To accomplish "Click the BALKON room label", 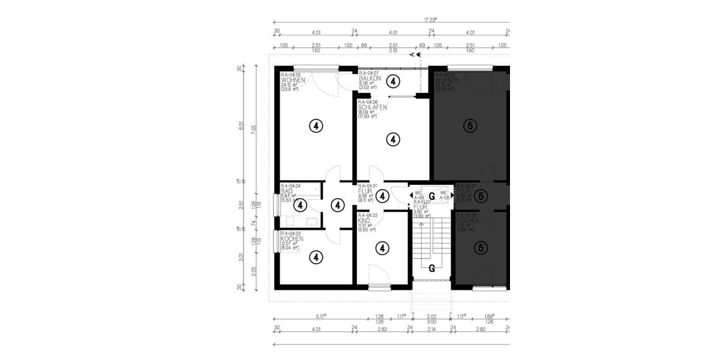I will (x=370, y=79).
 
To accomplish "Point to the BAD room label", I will (x=287, y=191).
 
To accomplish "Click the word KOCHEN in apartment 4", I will (x=293, y=239).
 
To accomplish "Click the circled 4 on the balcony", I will (x=392, y=81).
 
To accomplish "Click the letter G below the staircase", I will (x=431, y=268).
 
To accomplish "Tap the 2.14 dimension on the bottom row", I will (x=432, y=329).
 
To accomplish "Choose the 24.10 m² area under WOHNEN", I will (x=289, y=85).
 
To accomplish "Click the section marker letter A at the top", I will (x=412, y=55).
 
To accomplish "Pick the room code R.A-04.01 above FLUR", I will (x=368, y=186).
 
